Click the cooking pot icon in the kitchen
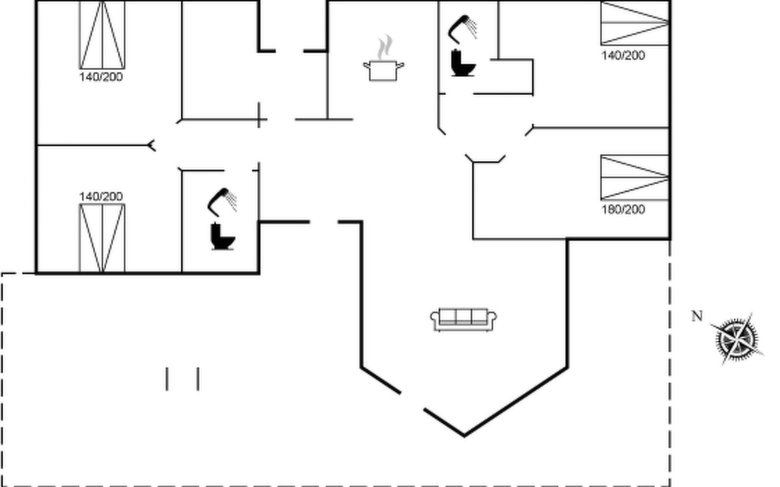[383, 71]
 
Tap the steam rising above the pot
[385, 47]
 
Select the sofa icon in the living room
[464, 319]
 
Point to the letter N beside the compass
[697, 316]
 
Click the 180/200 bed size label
[623, 209]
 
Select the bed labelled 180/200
[635, 177]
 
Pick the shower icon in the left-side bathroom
[222, 201]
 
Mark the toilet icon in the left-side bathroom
[222, 236]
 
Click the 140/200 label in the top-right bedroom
[623, 56]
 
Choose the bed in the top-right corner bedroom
[635, 23]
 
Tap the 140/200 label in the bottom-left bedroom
[101, 197]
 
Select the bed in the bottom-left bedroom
[102, 238]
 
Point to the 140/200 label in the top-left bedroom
[101, 77]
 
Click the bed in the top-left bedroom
[102, 35]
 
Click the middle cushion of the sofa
[464, 317]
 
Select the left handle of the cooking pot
[366, 65]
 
